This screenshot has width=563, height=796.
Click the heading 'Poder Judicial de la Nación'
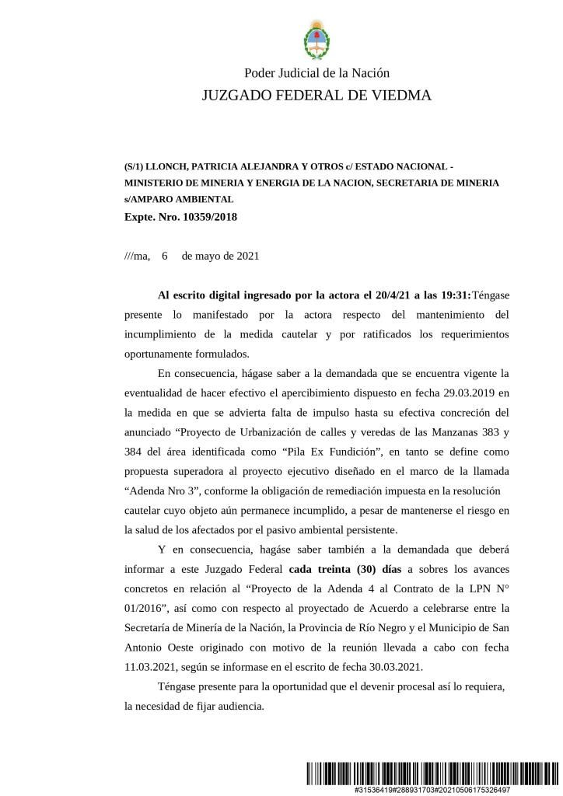coord(316,73)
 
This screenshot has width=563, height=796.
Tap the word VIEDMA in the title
coord(397,96)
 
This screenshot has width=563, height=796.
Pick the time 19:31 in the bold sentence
coord(454,296)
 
